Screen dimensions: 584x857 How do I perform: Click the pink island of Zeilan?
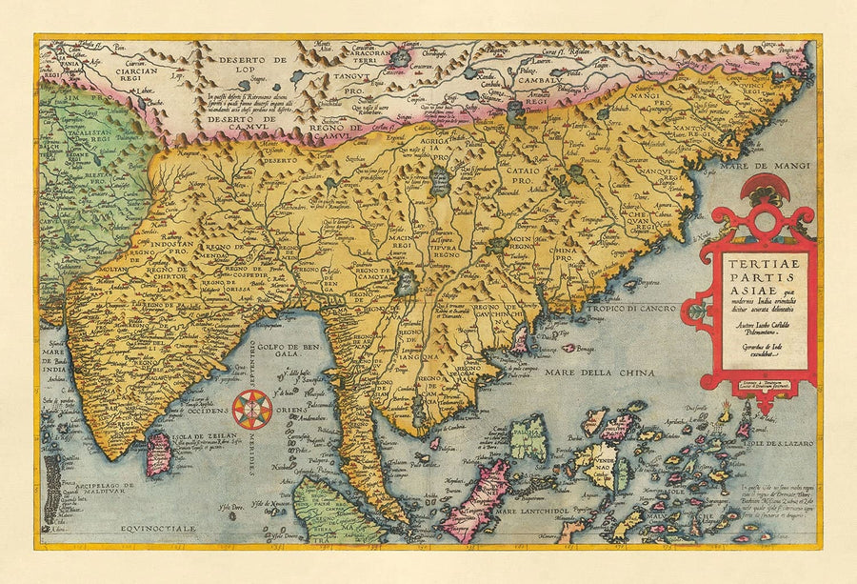158,453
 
